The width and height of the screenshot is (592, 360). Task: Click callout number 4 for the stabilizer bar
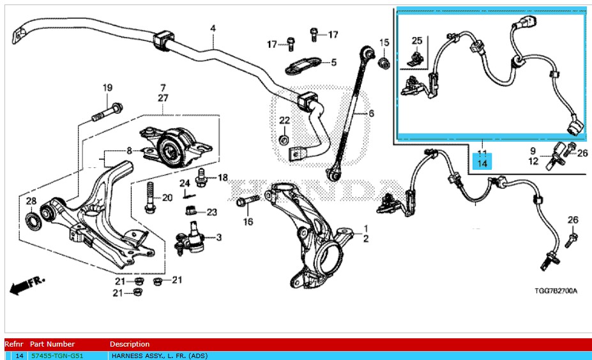click(213, 28)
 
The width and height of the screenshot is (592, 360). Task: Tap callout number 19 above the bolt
click(107, 87)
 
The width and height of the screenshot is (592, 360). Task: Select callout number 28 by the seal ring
click(31, 202)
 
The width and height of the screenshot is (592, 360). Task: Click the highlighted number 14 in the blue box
click(482, 163)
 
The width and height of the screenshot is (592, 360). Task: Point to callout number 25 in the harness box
click(417, 41)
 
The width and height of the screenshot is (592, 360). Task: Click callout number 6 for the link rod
click(370, 114)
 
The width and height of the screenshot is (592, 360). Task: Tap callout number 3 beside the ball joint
click(218, 238)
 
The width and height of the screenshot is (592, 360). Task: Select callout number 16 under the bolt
click(248, 221)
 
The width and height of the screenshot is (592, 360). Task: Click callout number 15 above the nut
click(384, 43)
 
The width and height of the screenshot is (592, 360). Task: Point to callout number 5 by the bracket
click(333, 62)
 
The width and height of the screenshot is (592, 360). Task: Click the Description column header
click(130, 344)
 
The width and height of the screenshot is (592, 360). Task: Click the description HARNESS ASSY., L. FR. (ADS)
click(159, 356)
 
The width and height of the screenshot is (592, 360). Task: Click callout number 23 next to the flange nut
click(211, 212)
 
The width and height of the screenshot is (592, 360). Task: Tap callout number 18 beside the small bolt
click(222, 177)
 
